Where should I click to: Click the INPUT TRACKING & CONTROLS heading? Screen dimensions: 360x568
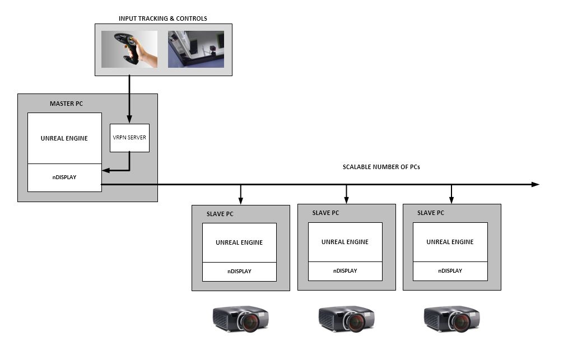[162, 18]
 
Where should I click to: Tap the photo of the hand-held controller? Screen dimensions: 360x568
[129, 49]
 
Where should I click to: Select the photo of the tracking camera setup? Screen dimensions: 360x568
[195, 49]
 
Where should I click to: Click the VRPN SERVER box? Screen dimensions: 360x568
[129, 138]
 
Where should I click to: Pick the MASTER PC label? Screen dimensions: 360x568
[66, 104]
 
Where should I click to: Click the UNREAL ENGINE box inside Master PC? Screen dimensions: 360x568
[64, 138]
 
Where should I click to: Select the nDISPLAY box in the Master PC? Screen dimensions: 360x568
[64, 177]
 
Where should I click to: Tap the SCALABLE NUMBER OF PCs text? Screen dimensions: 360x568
[381, 167]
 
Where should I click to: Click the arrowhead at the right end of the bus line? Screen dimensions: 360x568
[536, 184]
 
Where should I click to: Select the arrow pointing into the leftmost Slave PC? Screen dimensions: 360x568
[240, 195]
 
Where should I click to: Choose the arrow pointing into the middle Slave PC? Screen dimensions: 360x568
[346, 195]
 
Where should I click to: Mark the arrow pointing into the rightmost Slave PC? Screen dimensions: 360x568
[451, 195]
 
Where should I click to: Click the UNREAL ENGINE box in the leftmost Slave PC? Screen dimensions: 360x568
[239, 242]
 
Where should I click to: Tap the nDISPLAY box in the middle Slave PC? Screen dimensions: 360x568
[345, 271]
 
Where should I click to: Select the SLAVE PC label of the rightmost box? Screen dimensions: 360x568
[431, 213]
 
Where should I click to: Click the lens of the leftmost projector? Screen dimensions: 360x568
[250, 322]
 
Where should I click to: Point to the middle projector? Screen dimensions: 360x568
[346, 319]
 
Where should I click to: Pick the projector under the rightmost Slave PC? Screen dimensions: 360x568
[451, 319]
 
